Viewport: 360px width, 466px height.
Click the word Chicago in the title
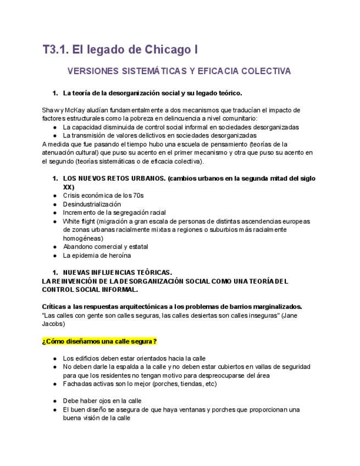pos(164,50)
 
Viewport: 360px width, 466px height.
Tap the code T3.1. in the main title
pos(57,50)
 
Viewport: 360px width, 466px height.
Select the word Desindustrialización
pos(92,204)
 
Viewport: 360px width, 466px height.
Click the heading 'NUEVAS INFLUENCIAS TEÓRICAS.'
pos(118,273)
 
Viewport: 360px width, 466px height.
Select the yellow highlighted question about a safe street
pos(99,341)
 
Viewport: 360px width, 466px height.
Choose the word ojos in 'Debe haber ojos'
pos(109,401)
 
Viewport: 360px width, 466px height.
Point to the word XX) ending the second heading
pos(69,187)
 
